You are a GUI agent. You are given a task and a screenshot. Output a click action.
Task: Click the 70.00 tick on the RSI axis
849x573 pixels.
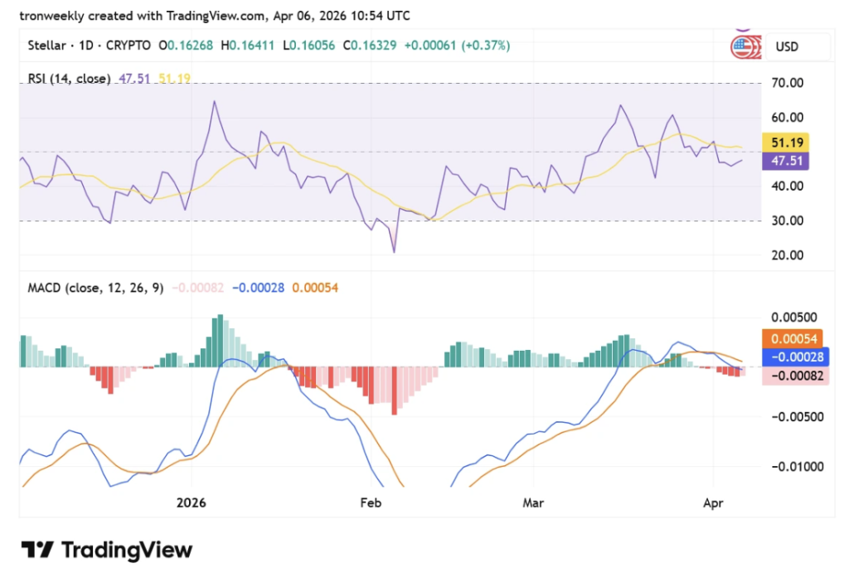click(x=787, y=83)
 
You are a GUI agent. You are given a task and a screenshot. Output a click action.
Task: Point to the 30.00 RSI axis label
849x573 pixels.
click(x=787, y=221)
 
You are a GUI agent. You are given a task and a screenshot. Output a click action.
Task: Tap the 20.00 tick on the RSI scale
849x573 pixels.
click(x=787, y=255)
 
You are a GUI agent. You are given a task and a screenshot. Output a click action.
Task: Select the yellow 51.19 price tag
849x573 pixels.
click(x=787, y=142)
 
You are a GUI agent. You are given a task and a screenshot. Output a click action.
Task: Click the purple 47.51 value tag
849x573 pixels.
click(x=787, y=160)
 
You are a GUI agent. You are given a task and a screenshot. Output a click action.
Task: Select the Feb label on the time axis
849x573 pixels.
click(x=371, y=503)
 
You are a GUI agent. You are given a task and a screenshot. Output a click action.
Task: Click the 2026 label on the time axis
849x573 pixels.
click(x=191, y=503)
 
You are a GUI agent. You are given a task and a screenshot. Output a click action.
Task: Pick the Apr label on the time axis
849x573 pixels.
click(x=714, y=503)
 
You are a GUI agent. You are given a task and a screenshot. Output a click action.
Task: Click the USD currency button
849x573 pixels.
click(x=787, y=47)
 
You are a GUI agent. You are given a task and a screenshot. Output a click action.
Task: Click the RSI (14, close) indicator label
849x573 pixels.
click(x=69, y=79)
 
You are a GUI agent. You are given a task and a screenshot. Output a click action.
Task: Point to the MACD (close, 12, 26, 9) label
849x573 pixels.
click(x=95, y=288)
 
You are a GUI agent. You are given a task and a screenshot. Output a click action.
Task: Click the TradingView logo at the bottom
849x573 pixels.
click(x=107, y=550)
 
